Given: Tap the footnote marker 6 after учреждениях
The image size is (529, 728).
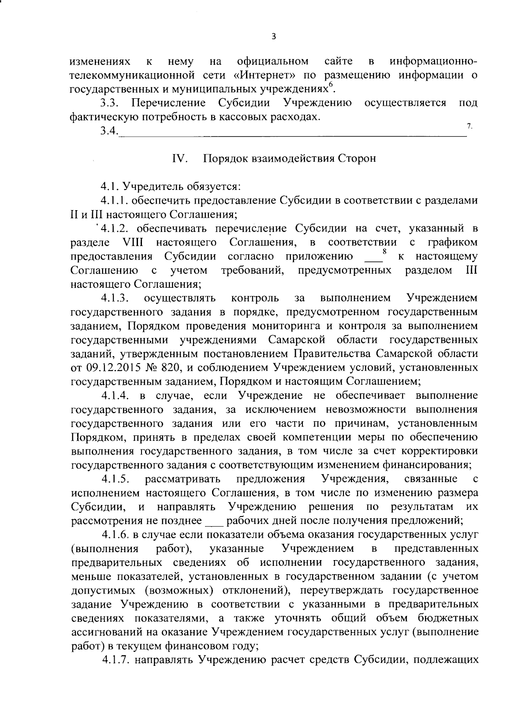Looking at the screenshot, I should coord(332,85).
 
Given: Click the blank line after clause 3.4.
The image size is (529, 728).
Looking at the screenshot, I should coord(291,132).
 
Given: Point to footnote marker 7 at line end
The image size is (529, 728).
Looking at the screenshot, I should coord(469,126).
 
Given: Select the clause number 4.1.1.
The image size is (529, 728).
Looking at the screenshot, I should coord(116,201).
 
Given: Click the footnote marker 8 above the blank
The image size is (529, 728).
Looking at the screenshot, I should coord(384,252).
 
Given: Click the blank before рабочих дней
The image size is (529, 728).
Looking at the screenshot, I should coord(214,521).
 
